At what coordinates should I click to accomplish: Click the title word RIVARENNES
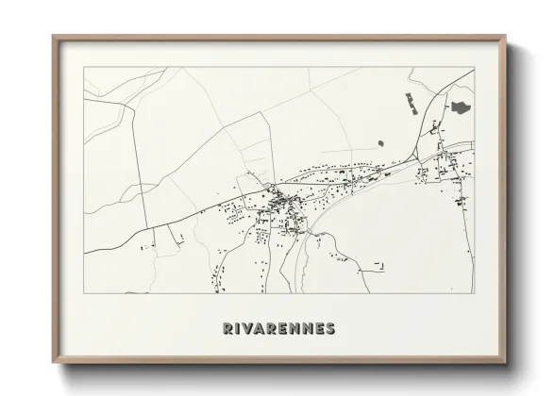click(x=278, y=328)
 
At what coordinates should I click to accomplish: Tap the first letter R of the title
click(x=228, y=328)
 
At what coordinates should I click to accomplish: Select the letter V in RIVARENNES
click(x=250, y=328)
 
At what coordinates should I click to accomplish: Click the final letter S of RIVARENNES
click(x=329, y=328)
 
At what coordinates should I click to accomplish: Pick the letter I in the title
click(x=240, y=328)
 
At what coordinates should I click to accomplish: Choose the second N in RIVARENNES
click(x=307, y=328)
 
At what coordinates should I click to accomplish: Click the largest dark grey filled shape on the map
click(x=461, y=107)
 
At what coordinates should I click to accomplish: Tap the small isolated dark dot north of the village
click(x=379, y=143)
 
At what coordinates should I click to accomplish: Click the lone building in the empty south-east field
click(x=379, y=266)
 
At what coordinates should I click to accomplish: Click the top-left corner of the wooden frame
click(x=54, y=38)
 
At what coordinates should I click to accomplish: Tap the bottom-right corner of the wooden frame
click(x=506, y=362)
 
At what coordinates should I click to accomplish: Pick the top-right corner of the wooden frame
click(x=506, y=38)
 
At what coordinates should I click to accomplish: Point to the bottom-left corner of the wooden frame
click(x=54, y=362)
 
